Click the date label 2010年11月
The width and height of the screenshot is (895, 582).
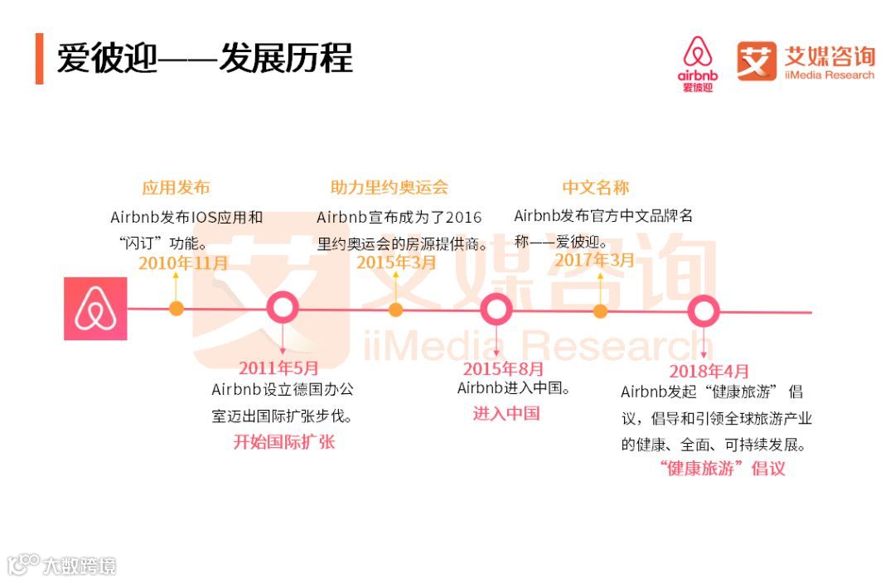[183, 263]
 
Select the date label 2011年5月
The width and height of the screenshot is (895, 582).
[278, 368]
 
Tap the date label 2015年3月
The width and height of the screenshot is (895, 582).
[396, 262]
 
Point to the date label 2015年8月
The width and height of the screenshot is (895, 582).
[503, 369]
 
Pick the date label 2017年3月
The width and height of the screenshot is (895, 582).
[594, 260]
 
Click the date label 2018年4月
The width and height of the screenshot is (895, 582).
[709, 371]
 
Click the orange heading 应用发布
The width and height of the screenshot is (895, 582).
[176, 187]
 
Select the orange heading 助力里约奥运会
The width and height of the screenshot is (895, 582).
[389, 187]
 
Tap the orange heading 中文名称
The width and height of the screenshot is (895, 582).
[595, 187]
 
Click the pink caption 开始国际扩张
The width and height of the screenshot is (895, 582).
[283, 441]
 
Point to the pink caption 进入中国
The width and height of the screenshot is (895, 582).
[506, 413]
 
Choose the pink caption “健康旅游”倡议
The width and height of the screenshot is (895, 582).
[722, 468]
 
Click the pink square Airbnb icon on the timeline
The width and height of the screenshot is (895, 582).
[95, 309]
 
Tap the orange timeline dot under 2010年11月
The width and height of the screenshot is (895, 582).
[176, 309]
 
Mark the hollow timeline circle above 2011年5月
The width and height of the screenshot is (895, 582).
[283, 309]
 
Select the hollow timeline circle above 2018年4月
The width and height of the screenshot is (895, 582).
[704, 311]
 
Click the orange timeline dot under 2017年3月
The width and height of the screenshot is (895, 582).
[600, 311]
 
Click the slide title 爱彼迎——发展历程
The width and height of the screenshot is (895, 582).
[205, 58]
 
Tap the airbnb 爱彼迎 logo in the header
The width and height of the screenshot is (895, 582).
[698, 63]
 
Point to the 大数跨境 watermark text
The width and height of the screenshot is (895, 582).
[80, 566]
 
